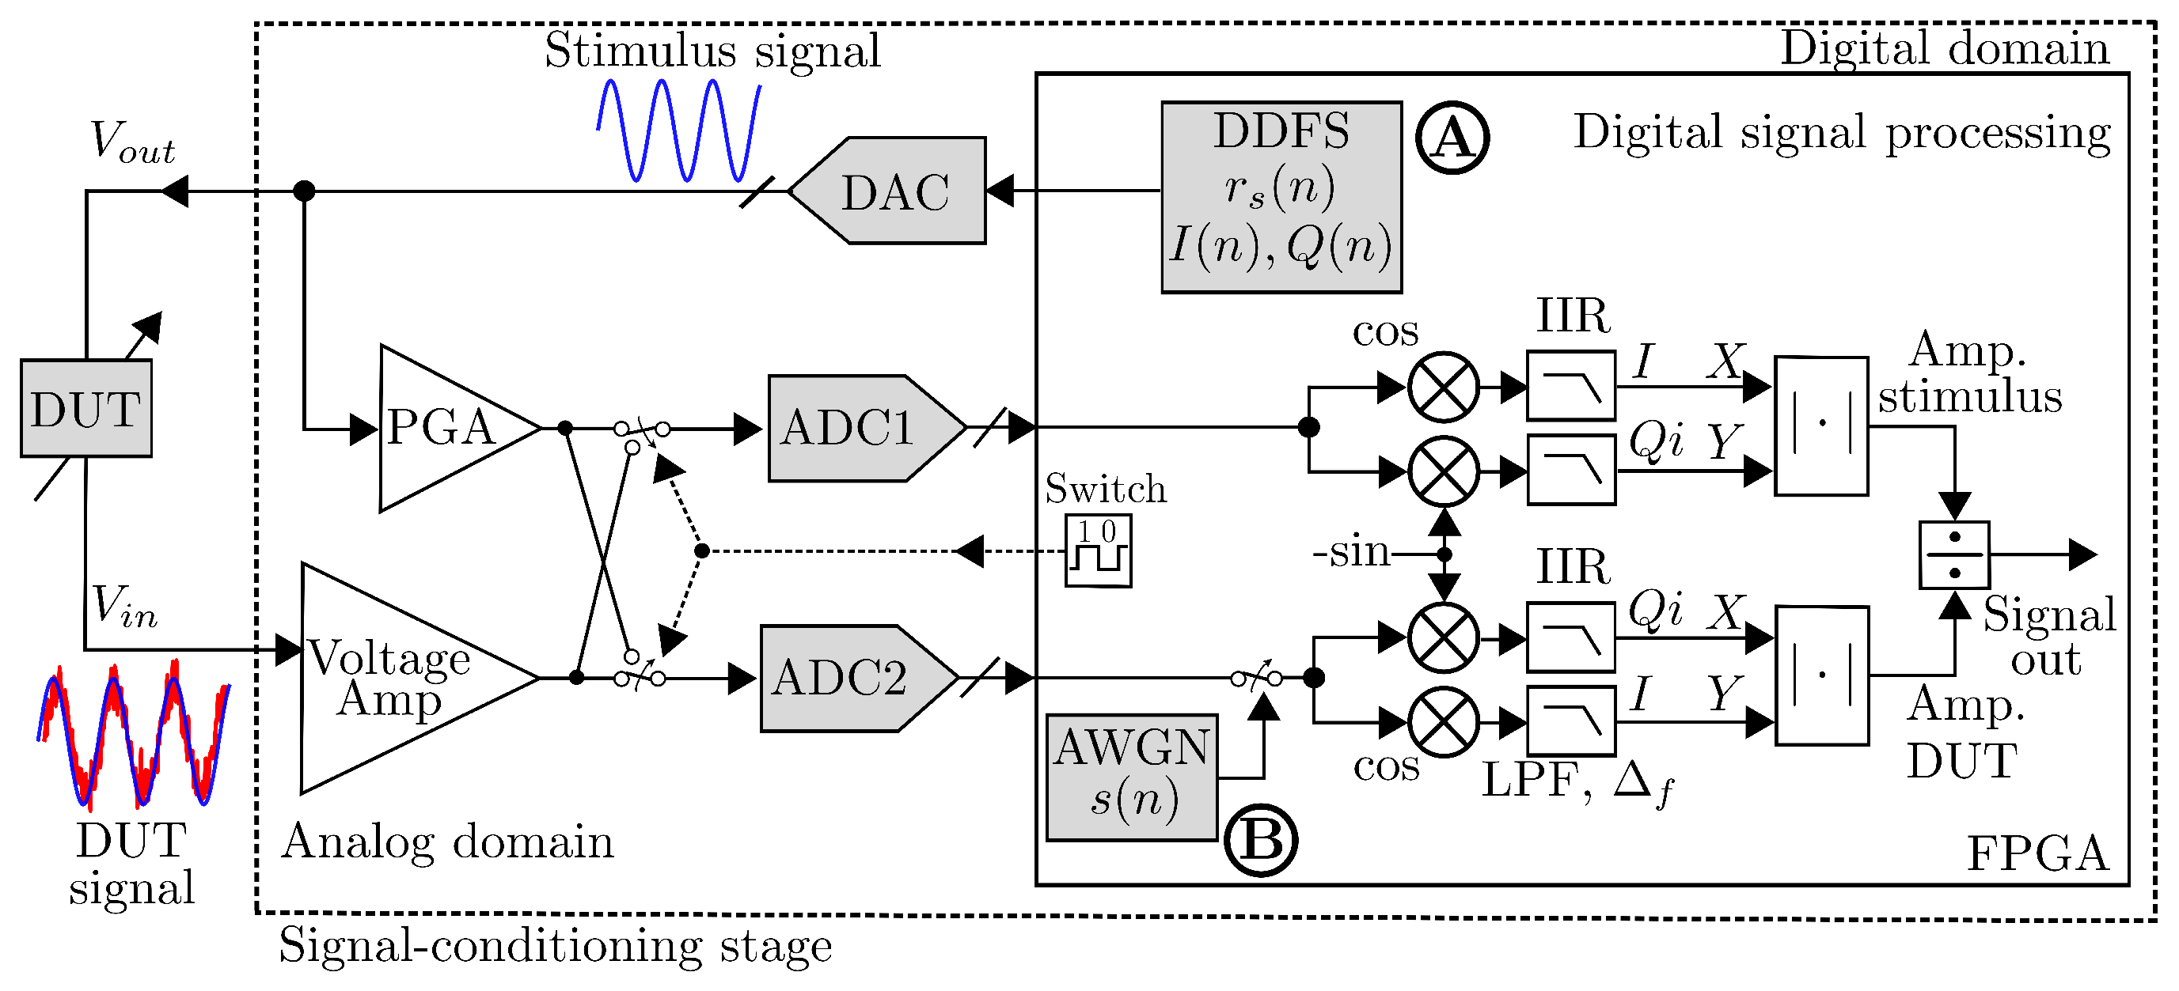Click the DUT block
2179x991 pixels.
point(85,409)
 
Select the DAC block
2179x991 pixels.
point(895,191)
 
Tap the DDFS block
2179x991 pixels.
point(1281,197)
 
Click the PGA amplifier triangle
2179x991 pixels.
point(440,428)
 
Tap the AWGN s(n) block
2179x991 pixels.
point(1132,776)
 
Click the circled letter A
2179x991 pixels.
point(1452,137)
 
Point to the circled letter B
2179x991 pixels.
point(1260,841)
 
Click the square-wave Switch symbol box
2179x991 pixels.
point(1098,550)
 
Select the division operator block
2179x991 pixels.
point(1954,554)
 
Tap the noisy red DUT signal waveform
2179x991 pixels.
point(134,734)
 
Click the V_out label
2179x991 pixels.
point(132,142)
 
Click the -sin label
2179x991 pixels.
point(1351,553)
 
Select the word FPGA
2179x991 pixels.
point(2037,854)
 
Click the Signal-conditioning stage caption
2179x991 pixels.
point(555,945)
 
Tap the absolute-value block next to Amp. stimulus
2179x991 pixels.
point(1820,426)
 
